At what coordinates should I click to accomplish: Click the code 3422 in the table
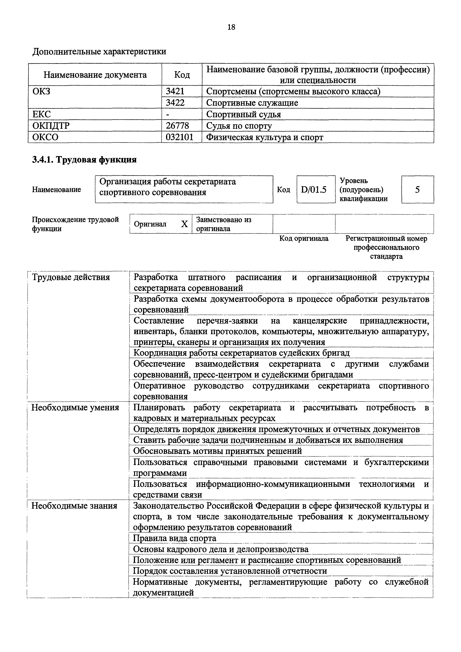pyautogui.click(x=175, y=103)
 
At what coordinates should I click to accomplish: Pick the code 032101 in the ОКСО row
pyautogui.click(x=179, y=137)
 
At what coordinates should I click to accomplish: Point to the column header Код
pyautogui.click(x=182, y=75)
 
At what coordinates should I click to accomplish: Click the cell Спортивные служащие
pyautogui.click(x=252, y=103)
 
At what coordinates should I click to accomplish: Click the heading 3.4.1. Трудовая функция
pyautogui.click(x=84, y=160)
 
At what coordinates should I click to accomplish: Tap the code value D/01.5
pyautogui.click(x=314, y=189)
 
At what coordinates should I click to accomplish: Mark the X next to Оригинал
pyautogui.click(x=184, y=224)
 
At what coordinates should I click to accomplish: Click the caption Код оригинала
pyautogui.click(x=304, y=238)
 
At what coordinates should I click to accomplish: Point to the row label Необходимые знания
pyautogui.click(x=74, y=506)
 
